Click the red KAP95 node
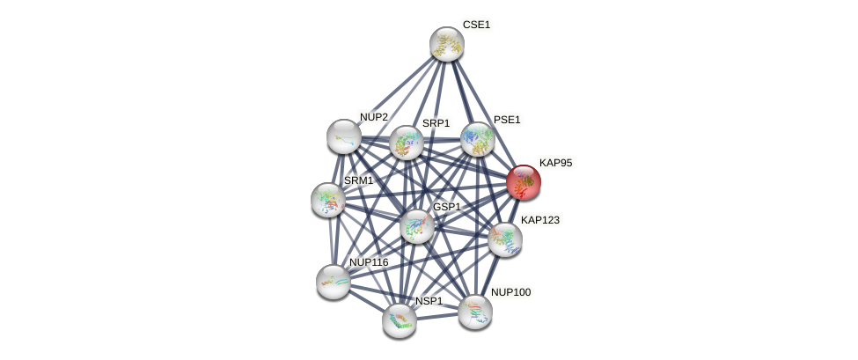click(523, 182)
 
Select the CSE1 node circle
click(446, 44)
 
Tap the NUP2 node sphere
click(343, 136)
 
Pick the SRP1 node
click(407, 143)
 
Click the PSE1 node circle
click(478, 139)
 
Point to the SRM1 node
click(328, 200)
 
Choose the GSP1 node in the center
click(417, 226)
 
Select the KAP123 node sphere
click(505, 239)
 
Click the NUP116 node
click(334, 282)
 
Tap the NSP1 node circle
click(400, 320)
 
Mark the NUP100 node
click(475, 312)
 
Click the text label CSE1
click(476, 25)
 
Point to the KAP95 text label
click(555, 163)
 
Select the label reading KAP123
click(539, 220)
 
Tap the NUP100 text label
click(510, 292)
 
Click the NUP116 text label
click(368, 262)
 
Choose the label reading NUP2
click(373, 117)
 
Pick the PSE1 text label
click(507, 120)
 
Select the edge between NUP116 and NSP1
click(366, 301)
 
